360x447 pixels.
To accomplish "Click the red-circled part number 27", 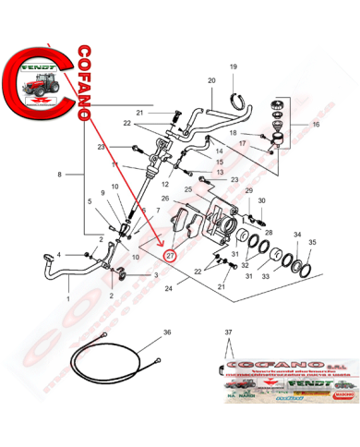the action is click(169, 255).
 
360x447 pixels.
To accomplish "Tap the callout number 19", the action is click(234, 66).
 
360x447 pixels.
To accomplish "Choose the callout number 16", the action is click(317, 123).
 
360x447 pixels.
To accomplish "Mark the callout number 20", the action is click(211, 80).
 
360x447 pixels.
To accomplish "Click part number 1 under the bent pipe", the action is click(67, 301).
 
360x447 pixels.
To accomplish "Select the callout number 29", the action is click(247, 191).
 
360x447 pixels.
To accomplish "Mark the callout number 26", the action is click(165, 199).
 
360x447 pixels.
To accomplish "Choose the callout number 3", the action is click(155, 275).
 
